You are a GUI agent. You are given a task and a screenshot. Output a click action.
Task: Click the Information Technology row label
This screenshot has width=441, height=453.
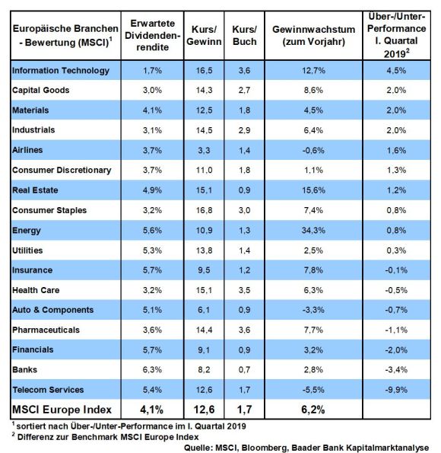pyautogui.click(x=61, y=71)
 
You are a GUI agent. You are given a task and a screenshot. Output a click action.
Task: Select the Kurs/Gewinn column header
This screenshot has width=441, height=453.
pyautogui.click(x=204, y=36)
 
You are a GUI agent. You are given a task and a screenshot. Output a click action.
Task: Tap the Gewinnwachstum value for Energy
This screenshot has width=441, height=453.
pyautogui.click(x=313, y=231)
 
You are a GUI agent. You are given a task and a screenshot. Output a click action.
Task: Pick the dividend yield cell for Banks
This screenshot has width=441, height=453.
pyautogui.click(x=152, y=370)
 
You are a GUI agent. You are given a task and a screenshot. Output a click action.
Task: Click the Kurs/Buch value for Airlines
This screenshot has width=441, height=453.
pyautogui.click(x=244, y=151)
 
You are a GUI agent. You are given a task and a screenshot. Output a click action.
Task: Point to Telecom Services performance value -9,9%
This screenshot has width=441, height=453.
pyautogui.click(x=396, y=390)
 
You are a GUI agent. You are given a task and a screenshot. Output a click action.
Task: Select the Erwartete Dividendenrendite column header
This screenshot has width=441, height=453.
pyautogui.click(x=152, y=35)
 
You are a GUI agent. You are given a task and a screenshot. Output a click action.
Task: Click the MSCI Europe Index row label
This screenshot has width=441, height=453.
pyautogui.click(x=62, y=410)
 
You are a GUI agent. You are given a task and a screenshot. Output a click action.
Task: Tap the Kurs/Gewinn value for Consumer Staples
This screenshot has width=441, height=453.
pyautogui.click(x=204, y=210)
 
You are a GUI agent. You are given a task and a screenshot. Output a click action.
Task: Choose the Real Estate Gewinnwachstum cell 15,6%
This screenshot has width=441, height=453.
pyautogui.click(x=313, y=190)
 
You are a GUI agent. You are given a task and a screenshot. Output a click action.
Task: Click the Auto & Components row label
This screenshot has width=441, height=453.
pyautogui.click(x=52, y=310)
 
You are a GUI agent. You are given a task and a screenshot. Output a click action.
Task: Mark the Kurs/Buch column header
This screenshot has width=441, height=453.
pyautogui.click(x=245, y=36)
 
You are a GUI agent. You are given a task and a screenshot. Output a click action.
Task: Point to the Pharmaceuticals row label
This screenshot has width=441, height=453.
pyautogui.click(x=46, y=330)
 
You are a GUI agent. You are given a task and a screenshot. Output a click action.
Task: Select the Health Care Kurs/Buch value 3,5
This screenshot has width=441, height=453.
pyautogui.click(x=244, y=290)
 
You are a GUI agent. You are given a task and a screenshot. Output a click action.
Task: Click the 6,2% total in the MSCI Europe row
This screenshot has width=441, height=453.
pyautogui.click(x=313, y=410)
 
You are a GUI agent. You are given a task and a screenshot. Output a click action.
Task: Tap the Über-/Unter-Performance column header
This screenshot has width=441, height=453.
pyautogui.click(x=397, y=35)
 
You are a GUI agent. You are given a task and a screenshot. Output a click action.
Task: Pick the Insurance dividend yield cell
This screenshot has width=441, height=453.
pyautogui.click(x=152, y=270)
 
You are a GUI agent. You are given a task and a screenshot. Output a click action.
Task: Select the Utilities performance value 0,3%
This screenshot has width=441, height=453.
pyautogui.click(x=396, y=250)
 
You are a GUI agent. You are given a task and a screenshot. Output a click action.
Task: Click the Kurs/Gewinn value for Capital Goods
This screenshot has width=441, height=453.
pyautogui.click(x=204, y=91)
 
